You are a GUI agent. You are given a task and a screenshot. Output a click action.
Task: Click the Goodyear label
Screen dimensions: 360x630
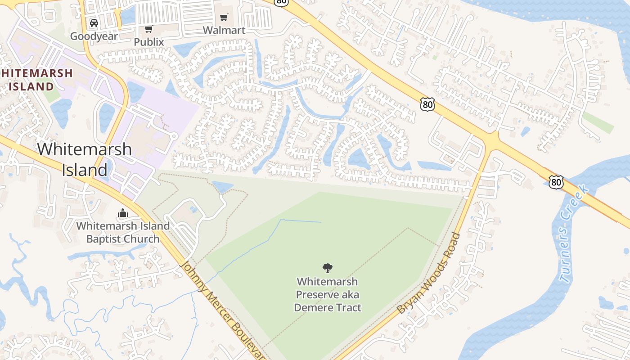[x=94, y=36]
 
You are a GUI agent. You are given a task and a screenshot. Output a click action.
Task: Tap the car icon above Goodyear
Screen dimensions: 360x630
[x=94, y=23]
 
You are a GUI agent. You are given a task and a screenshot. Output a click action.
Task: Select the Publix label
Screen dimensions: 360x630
[x=148, y=42]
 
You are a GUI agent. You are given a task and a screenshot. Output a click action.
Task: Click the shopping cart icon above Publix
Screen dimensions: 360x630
[x=148, y=29]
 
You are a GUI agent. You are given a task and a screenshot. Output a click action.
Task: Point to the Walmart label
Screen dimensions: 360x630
[x=224, y=30]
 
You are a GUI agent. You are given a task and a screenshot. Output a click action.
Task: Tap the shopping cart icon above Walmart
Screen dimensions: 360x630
[x=224, y=18]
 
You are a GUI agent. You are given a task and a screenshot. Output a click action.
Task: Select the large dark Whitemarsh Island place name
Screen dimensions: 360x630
[x=85, y=159]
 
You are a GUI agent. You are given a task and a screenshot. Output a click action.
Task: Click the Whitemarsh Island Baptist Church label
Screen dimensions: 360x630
[x=123, y=232]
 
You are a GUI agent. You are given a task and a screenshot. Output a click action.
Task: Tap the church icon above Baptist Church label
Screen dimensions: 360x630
[x=123, y=213]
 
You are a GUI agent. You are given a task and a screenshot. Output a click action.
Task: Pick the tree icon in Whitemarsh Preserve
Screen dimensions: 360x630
[x=328, y=268]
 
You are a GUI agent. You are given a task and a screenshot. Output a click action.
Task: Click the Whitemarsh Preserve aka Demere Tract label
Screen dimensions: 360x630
[x=328, y=295]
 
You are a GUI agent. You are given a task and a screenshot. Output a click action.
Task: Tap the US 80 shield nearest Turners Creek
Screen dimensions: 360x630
[x=556, y=182]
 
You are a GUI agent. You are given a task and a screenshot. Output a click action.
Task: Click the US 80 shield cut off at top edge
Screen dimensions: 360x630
[x=281, y=2]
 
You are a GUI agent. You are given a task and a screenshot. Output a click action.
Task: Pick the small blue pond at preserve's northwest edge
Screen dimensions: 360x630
[x=222, y=187]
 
